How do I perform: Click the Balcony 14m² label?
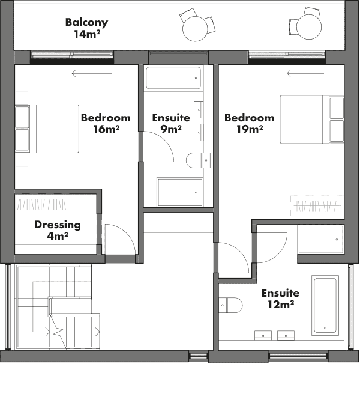[86, 28]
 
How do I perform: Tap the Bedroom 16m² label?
[106, 123]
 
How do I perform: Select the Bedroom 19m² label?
[249, 123]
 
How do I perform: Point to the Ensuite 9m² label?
[171, 123]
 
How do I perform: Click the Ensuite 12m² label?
[280, 299]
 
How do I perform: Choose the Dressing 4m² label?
[58, 230]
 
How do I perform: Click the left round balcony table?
[196, 29]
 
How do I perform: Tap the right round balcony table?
[309, 27]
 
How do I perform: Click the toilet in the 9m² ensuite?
[199, 160]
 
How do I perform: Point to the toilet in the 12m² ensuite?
[230, 305]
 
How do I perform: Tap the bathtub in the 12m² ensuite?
[325, 305]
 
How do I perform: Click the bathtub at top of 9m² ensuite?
[173, 78]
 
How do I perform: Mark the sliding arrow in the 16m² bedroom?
[92, 74]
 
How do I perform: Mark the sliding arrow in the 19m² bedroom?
[305, 74]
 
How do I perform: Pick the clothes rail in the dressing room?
[41, 205]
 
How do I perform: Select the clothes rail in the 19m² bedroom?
[317, 206]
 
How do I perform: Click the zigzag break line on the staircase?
[58, 331]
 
